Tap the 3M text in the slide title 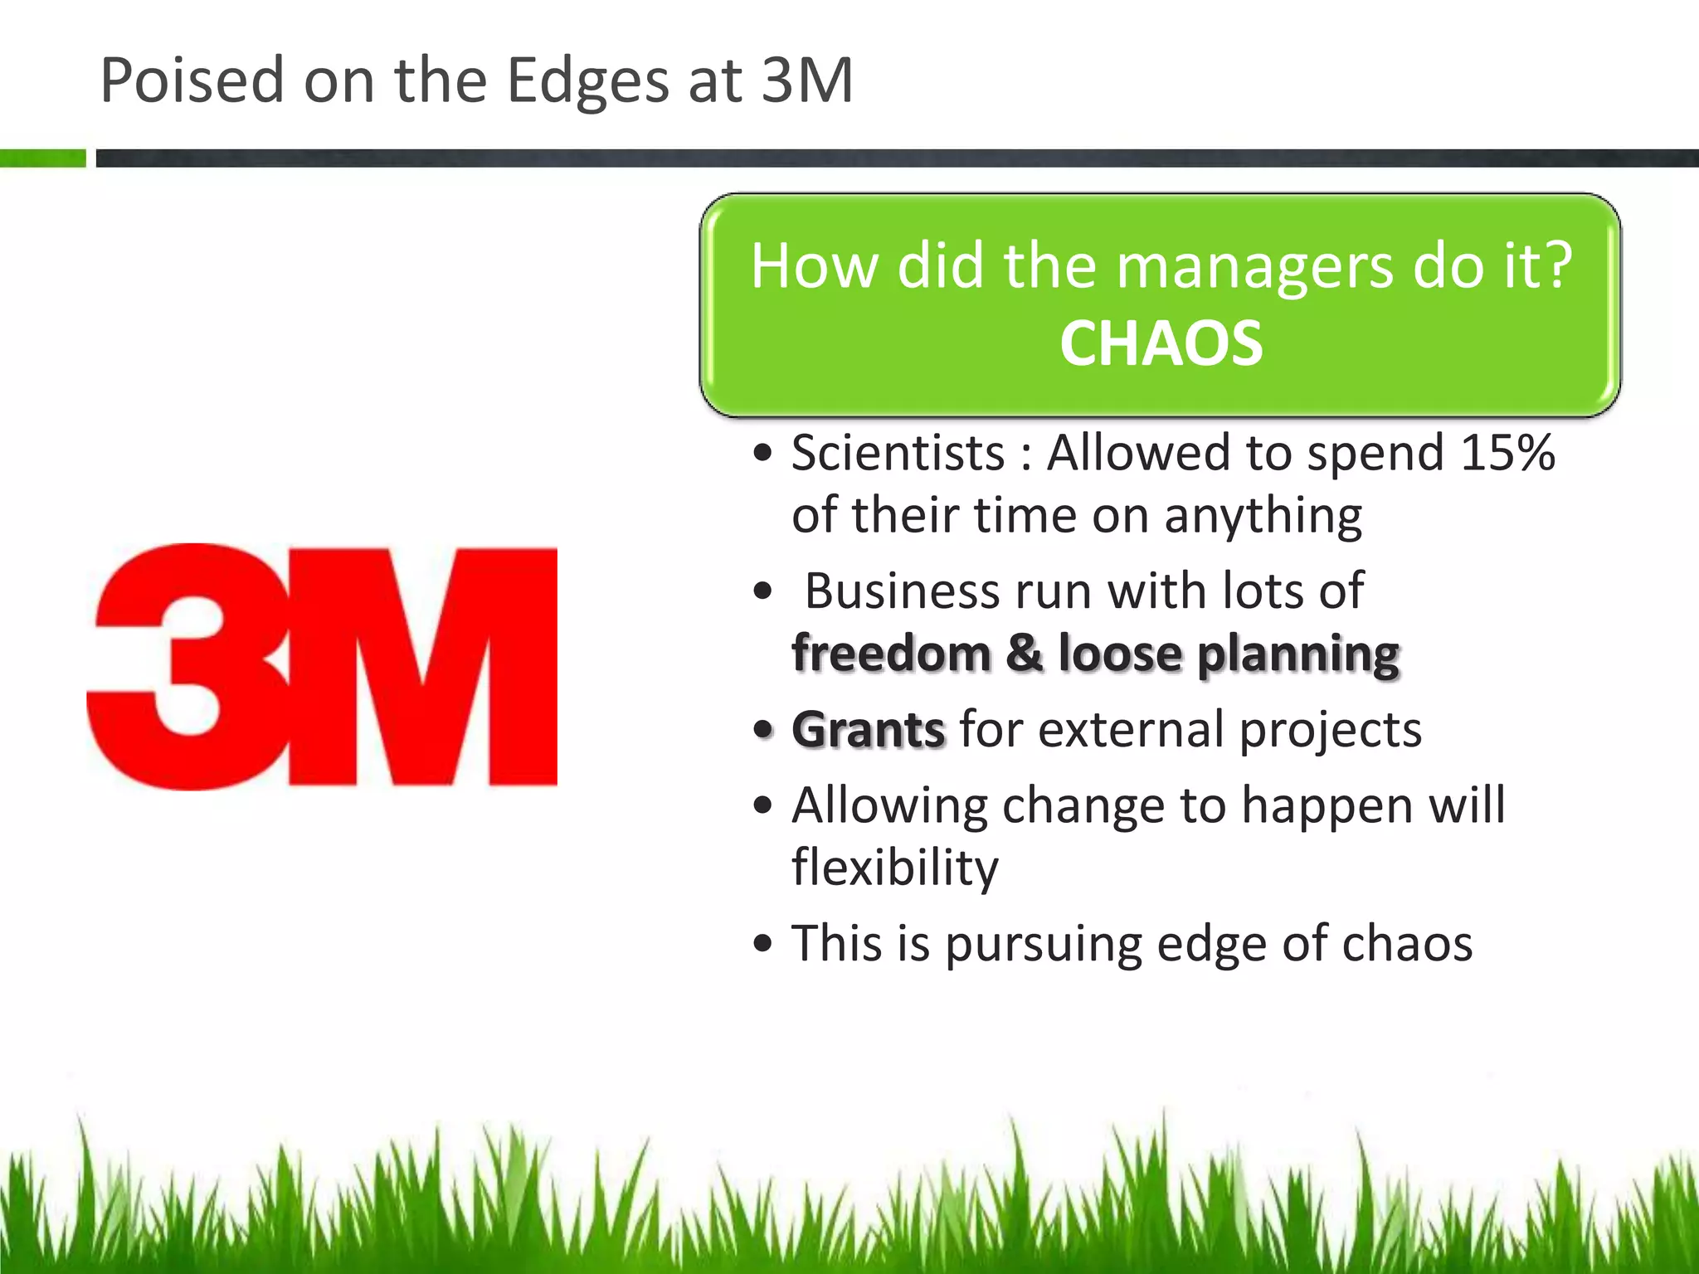(806, 80)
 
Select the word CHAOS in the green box (1161, 343)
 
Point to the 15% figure (1507, 453)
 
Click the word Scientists (898, 453)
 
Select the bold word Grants (868, 730)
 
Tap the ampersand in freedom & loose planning (1025, 653)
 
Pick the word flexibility (895, 868)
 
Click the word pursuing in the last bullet (1043, 944)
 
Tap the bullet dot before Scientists (763, 455)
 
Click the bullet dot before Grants (763, 731)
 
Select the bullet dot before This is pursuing (763, 945)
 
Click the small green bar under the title (42, 158)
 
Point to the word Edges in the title (587, 80)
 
